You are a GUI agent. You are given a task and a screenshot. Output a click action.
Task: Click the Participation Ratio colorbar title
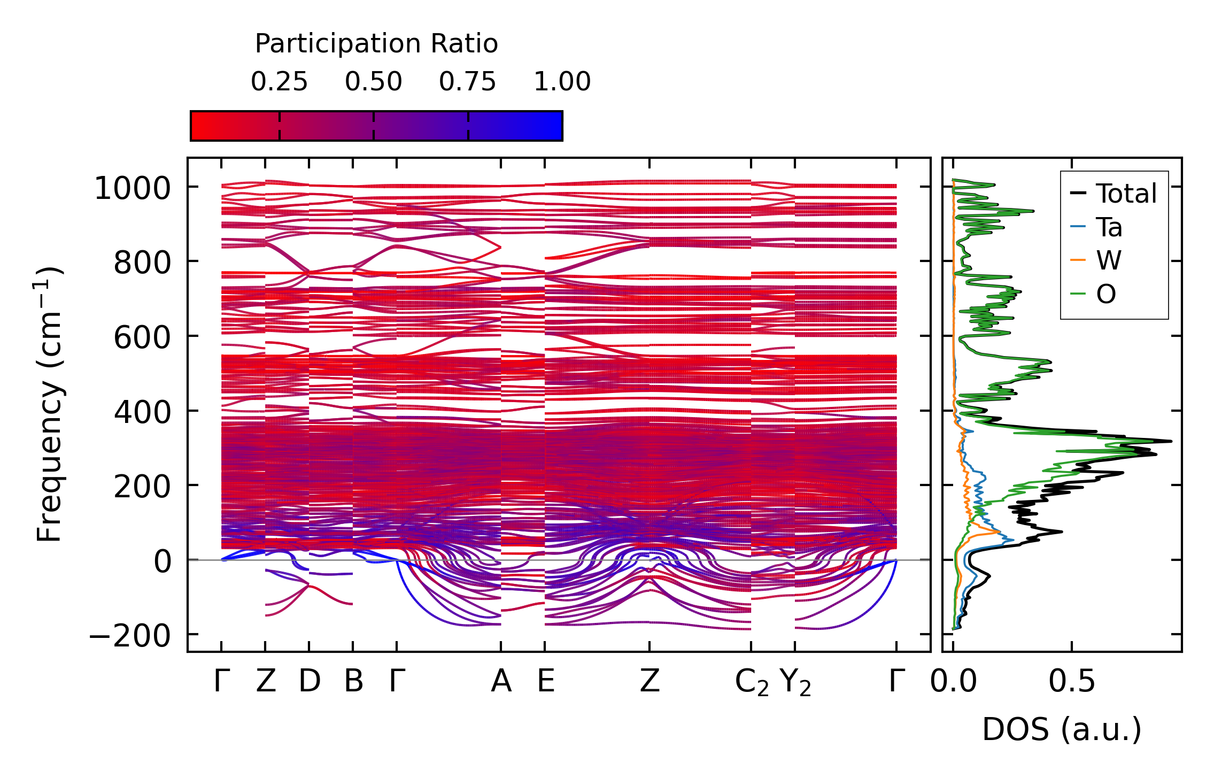376,44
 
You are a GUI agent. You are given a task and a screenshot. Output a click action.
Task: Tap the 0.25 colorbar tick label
279,82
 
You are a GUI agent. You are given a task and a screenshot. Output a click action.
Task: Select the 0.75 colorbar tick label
468,82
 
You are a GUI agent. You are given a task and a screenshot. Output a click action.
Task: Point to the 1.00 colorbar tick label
562,82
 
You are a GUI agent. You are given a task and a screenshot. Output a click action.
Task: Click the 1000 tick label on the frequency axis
132,189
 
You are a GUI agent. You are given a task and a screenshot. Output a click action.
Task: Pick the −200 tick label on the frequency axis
129,636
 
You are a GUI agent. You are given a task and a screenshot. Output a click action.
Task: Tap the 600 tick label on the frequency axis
142,338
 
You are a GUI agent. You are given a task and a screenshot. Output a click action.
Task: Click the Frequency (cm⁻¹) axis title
50,405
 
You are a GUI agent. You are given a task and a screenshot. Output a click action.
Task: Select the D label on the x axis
309,682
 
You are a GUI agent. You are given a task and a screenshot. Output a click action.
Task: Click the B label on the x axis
353,682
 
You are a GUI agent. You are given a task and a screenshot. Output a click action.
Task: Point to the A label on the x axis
501,682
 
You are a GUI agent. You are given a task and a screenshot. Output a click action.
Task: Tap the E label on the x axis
545,682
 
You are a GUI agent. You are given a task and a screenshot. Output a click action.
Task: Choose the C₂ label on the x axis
752,683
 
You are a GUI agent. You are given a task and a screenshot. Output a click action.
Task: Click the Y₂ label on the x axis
795,683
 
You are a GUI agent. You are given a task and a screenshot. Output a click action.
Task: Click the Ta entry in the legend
1109,227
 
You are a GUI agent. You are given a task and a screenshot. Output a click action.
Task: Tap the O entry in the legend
1106,294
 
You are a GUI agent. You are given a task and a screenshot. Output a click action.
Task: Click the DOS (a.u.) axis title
1062,729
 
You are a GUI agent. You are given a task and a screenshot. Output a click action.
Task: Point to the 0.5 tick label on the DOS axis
1071,682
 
